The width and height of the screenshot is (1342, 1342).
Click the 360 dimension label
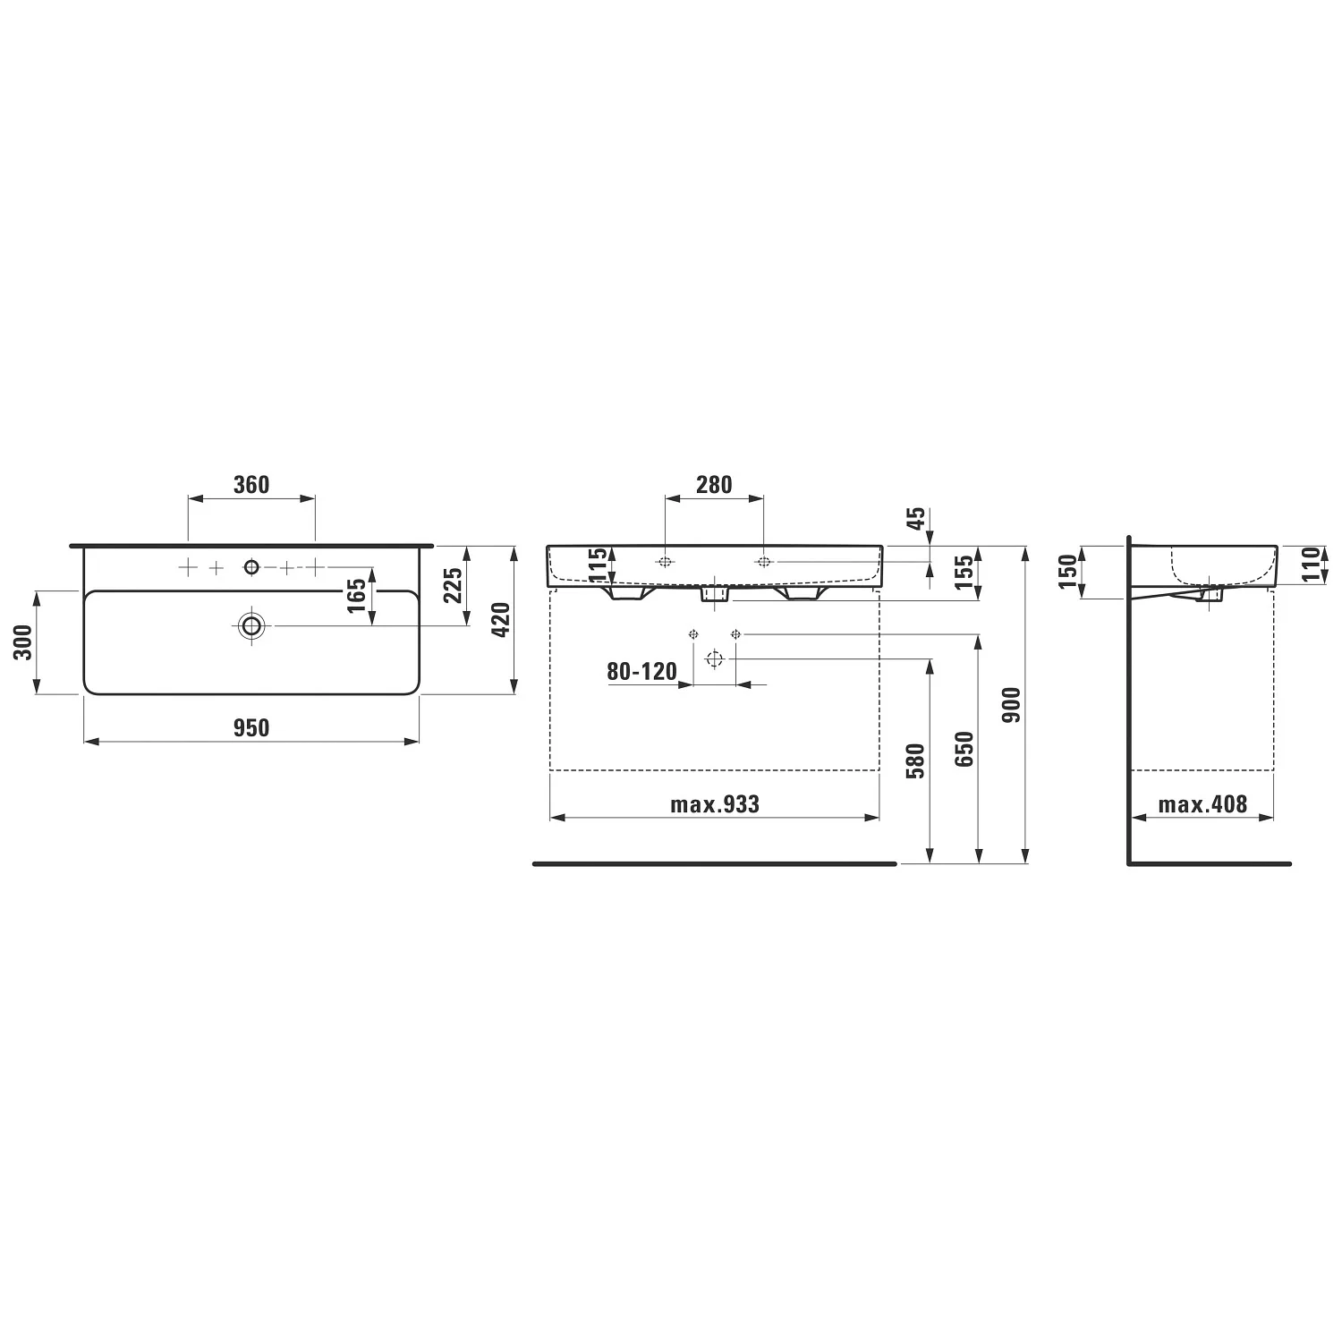point(251,485)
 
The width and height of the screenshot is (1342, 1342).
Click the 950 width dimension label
point(251,728)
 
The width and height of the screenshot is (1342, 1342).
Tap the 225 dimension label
point(454,585)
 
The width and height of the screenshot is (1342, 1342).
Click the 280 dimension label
point(714,485)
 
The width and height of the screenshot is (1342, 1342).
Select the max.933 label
point(715,804)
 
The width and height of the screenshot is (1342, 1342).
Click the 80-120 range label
point(642,671)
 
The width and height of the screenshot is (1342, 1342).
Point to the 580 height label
point(915,761)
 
